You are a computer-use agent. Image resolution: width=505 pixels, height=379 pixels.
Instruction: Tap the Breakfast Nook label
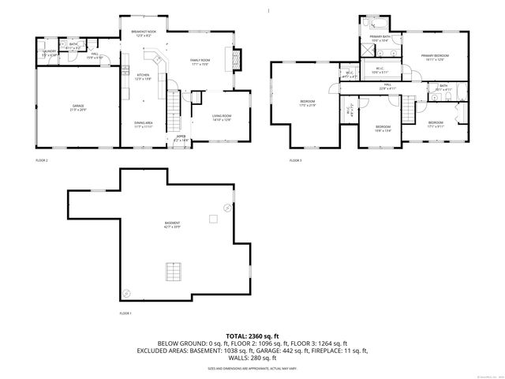(x=144, y=32)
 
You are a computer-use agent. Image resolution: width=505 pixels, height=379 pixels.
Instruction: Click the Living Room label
(x=221, y=118)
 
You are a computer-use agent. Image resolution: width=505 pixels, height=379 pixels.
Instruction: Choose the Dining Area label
(x=142, y=125)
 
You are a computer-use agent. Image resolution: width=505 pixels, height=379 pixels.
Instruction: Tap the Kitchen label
(x=143, y=77)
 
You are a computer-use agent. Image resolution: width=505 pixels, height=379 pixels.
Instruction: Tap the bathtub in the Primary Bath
(x=376, y=26)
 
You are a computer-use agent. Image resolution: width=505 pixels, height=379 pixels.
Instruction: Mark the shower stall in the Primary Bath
(x=366, y=47)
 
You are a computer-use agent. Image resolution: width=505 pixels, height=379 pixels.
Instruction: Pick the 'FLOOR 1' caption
(x=125, y=313)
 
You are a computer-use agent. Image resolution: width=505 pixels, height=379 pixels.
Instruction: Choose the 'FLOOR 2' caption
(x=42, y=160)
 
